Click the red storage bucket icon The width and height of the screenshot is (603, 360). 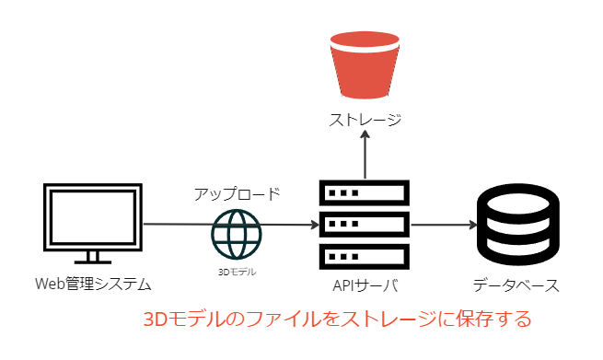pos(365,65)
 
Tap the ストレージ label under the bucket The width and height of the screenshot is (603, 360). pos(365,120)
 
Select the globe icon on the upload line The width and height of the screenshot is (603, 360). pos(237,234)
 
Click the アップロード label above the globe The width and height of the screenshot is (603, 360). pos(237,194)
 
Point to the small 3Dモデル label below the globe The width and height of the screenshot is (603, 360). pos(237,272)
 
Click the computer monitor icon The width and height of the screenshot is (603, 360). pos(93,224)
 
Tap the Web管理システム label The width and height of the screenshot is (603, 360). pos(93,285)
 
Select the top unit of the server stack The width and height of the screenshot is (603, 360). pos(365,192)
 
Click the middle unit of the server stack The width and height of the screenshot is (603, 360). pos(365,225)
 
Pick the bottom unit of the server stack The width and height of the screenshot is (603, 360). pos(365,257)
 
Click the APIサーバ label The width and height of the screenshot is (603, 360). pos(365,285)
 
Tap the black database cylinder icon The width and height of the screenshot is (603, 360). pos(518,225)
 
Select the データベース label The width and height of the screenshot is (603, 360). pos(516,285)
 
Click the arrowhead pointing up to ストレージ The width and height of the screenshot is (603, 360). pos(365,135)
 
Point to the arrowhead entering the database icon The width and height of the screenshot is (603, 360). pos(472,225)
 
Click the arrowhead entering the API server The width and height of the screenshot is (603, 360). pos(315,225)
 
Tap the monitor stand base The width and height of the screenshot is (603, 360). pos(93,262)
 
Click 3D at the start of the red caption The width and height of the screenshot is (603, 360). pos(156,319)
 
